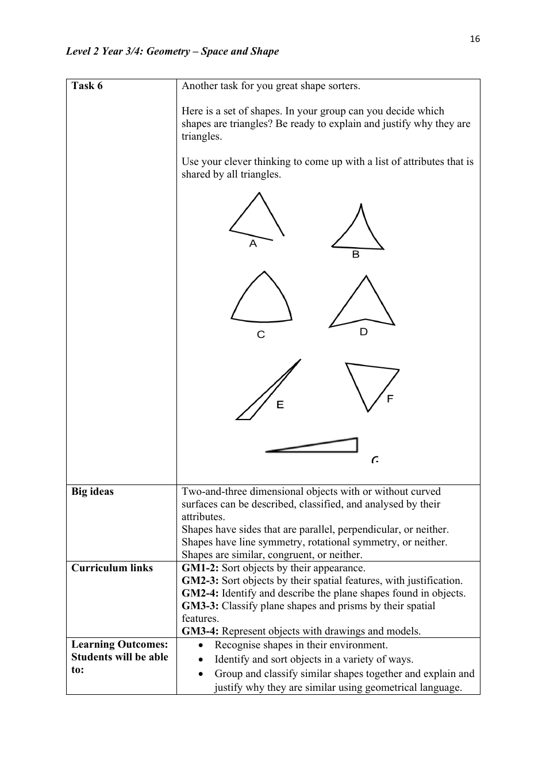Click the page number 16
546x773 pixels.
(474, 39)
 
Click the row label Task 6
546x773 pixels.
(87, 86)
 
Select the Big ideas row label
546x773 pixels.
(93, 491)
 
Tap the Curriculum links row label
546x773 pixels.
(112, 568)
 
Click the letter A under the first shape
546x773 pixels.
(253, 244)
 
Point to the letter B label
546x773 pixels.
(355, 254)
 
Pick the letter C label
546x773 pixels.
(261, 334)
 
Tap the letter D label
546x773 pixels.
(363, 332)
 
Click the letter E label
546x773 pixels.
(280, 405)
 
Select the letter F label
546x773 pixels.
(390, 398)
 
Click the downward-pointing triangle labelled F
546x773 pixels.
(371, 380)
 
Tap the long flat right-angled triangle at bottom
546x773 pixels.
(322, 446)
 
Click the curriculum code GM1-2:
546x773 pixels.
(200, 568)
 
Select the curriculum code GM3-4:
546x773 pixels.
(200, 631)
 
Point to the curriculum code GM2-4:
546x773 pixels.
(200, 593)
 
